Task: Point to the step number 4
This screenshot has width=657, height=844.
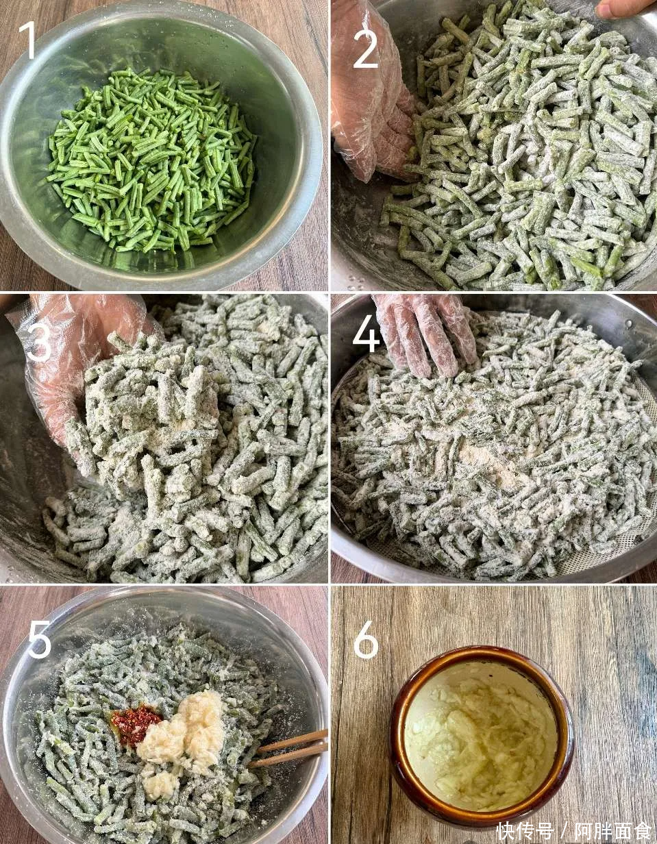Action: pos(367,332)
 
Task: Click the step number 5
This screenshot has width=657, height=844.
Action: pos(39,639)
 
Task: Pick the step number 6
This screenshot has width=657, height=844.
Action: pos(366,639)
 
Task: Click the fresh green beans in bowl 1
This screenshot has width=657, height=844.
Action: pos(151,159)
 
